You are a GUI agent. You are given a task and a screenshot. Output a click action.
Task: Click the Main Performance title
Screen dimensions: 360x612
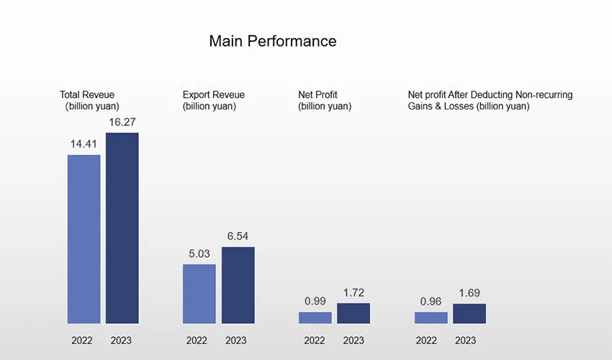coord(272,41)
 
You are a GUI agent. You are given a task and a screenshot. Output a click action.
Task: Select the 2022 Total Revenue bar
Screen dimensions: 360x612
coord(84,238)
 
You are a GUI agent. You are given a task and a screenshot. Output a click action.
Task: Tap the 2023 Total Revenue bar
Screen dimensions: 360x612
coord(122,228)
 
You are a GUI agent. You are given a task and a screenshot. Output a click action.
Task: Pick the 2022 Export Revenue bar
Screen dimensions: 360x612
coord(199,293)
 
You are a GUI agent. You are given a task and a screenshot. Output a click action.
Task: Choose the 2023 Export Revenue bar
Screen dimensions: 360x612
coord(238,284)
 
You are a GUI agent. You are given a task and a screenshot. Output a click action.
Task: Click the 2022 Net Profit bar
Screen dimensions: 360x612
coord(315,317)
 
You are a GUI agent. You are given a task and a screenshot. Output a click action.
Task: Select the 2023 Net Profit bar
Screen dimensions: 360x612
coord(354,312)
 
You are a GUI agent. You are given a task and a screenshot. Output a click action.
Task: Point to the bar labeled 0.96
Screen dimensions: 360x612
coord(431,317)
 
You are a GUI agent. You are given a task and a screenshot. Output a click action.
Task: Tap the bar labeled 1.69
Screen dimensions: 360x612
coord(469,313)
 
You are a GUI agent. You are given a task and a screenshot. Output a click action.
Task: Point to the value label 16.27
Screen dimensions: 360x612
coord(122,122)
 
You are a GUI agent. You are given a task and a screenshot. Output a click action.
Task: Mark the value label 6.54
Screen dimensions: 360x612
coord(238,236)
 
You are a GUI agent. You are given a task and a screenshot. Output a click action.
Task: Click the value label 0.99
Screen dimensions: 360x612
coord(315,301)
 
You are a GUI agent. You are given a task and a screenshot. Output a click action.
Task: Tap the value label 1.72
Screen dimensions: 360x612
coord(354,292)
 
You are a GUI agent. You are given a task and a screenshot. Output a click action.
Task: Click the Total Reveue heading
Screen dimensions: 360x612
coord(87,94)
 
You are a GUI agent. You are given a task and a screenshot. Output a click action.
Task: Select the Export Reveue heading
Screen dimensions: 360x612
coord(213,94)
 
